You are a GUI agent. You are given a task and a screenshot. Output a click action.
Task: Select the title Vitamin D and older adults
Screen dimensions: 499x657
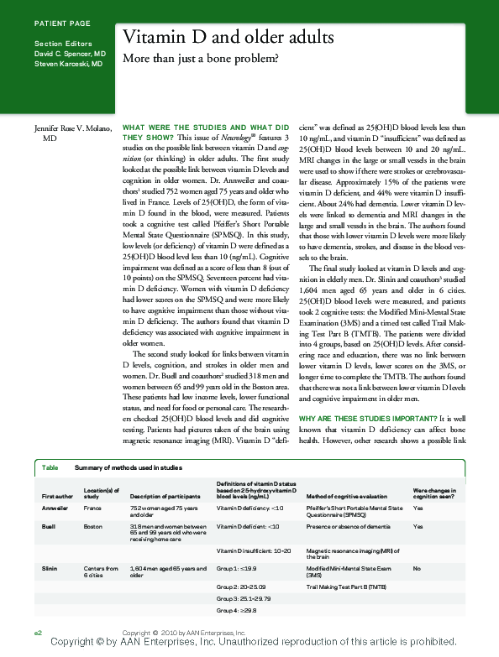point(228,39)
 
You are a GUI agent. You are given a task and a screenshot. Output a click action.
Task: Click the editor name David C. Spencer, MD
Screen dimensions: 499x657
point(70,53)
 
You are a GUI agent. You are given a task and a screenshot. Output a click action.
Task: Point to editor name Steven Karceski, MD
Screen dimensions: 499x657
point(68,63)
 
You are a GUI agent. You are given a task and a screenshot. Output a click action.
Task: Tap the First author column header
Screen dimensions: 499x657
point(57,496)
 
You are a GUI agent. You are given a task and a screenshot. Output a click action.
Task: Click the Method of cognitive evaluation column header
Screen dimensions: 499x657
point(345,496)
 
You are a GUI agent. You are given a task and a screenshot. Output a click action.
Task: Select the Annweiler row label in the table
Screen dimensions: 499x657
point(55,508)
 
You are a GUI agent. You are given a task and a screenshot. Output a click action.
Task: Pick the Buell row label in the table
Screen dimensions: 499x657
point(49,526)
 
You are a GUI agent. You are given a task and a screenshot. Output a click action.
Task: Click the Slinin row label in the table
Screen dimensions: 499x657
point(50,569)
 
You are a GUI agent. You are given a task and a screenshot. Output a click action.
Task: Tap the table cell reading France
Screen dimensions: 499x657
point(93,508)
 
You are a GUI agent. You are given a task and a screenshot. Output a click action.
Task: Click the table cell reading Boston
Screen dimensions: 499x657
point(93,526)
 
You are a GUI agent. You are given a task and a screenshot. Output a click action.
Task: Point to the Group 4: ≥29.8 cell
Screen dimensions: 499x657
point(240,612)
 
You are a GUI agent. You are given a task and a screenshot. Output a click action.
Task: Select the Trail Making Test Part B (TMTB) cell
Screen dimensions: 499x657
point(346,584)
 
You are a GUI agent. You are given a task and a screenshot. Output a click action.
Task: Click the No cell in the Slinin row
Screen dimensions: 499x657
point(418,569)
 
